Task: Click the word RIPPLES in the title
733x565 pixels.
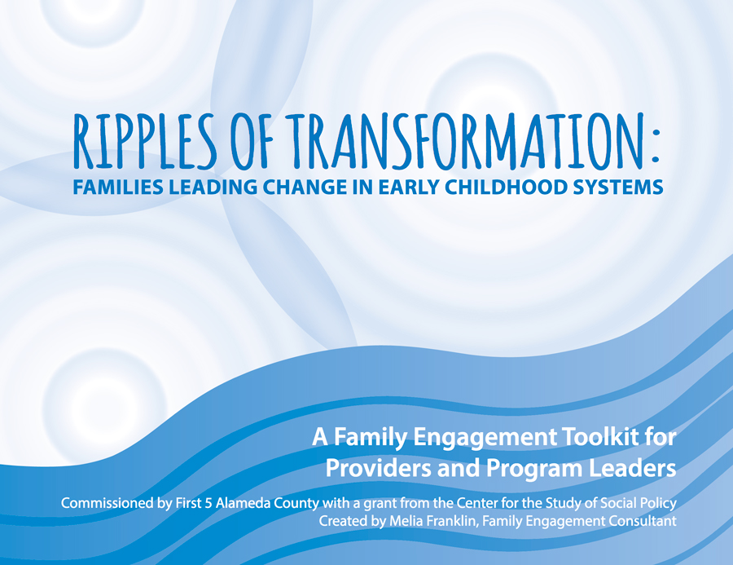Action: coord(145,141)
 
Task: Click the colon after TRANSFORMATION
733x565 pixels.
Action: coord(656,144)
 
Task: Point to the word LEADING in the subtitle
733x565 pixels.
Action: coord(213,188)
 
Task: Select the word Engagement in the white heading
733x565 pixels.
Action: coord(485,438)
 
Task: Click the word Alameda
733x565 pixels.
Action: coord(243,503)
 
